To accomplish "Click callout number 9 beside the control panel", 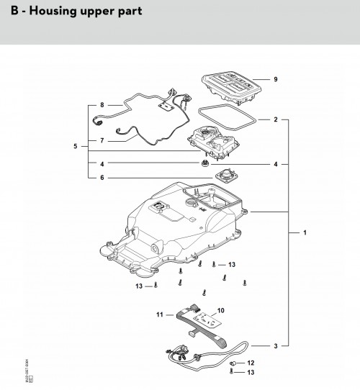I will coord(275,78).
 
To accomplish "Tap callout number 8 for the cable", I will coord(102,105).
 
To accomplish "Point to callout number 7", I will coord(102,140).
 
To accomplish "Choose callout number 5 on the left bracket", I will coord(76,146).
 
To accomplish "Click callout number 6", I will coord(102,178).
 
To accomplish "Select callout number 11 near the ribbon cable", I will coord(160,314).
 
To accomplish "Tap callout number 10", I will coord(220,310).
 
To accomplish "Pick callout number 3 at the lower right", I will coord(275,346).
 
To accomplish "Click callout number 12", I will coord(251,363).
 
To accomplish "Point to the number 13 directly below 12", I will coord(251,373).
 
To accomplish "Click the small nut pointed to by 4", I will coord(206,165).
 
